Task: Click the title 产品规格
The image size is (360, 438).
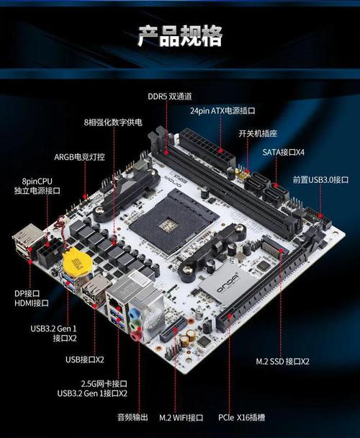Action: tap(180, 35)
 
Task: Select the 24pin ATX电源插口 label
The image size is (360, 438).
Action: tap(222, 112)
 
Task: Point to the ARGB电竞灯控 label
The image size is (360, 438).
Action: tap(80, 156)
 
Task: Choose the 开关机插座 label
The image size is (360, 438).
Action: tap(258, 133)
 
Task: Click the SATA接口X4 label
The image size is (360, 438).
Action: tap(283, 152)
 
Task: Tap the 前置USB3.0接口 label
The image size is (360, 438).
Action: tap(320, 179)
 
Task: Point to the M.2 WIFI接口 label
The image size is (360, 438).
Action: tap(181, 417)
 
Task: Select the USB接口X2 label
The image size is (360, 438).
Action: tap(85, 359)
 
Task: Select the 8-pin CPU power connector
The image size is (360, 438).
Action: tap(51, 253)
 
